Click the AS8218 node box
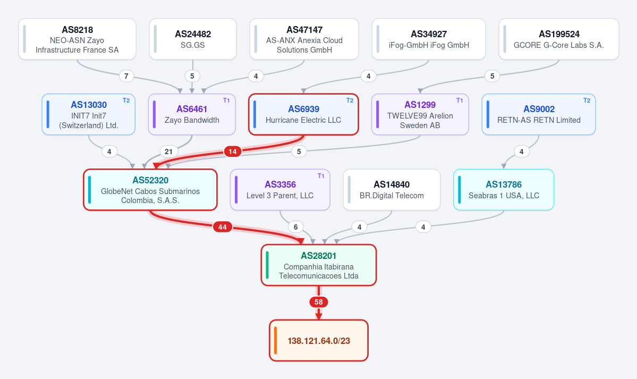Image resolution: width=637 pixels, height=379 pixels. [x=77, y=39]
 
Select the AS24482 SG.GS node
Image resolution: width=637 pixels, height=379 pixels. [x=193, y=39]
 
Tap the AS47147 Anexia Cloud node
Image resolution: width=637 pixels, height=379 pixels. [x=304, y=39]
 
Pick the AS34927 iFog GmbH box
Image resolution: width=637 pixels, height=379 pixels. [x=429, y=39]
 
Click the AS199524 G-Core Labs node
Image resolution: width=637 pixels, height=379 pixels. [x=558, y=39]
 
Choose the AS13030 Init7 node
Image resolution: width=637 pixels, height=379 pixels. [x=89, y=114]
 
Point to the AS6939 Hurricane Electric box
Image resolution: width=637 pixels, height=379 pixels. [x=303, y=114]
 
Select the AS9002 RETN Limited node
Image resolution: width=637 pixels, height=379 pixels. [x=539, y=114]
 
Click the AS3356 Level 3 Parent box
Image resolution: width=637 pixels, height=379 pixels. [x=280, y=190]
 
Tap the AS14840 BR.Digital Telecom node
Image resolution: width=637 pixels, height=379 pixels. [x=392, y=190]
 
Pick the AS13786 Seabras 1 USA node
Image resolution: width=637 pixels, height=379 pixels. [x=504, y=190]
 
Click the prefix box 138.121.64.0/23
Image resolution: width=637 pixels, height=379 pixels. [x=319, y=340]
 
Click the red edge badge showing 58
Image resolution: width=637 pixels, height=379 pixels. [x=319, y=302]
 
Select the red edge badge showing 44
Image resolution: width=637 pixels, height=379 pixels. [x=222, y=227]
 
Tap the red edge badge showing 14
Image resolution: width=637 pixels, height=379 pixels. [x=232, y=151]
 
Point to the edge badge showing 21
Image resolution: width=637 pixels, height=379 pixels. [x=168, y=151]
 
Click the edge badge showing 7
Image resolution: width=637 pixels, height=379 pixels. [x=126, y=76]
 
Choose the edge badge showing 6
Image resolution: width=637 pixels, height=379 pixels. [x=296, y=227]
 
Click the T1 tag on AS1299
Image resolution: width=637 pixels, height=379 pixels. [x=460, y=100]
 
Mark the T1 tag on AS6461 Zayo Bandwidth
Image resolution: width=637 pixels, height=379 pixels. [x=226, y=100]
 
